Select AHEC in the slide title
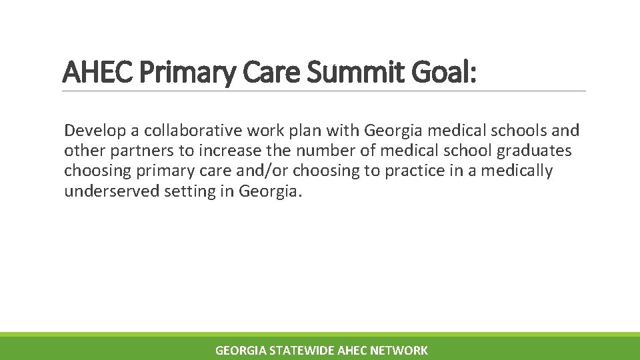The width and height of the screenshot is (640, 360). tap(99, 73)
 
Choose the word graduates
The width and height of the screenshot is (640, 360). tap(534, 151)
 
